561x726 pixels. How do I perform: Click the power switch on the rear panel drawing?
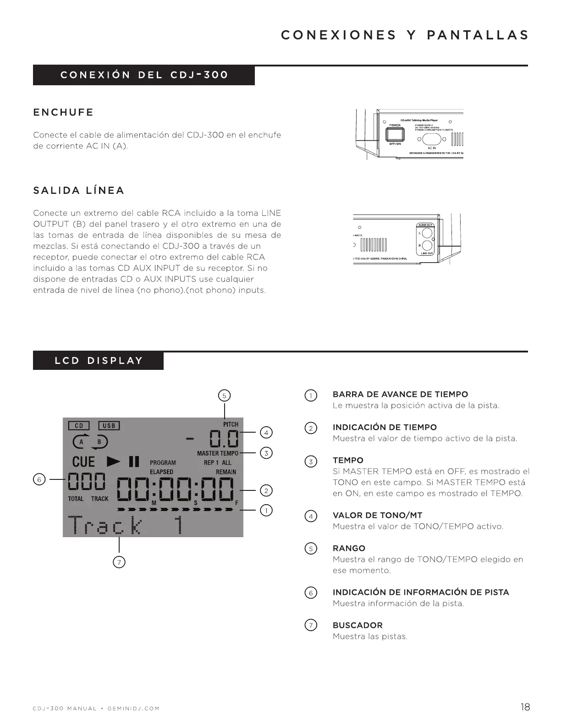tap(395, 134)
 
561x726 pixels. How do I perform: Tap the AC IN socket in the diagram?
tap(431, 139)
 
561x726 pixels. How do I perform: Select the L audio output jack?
tap(427, 233)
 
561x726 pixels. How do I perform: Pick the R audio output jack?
tap(427, 245)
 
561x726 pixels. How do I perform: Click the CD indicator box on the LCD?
tap(79, 426)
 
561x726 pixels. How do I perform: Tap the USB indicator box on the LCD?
tap(109, 426)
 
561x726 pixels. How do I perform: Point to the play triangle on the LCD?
tap(113, 461)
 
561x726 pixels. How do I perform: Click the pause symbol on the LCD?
tap(134, 461)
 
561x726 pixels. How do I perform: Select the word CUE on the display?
tap(83, 462)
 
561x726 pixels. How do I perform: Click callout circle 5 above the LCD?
tap(224, 396)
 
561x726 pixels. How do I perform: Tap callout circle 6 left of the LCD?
tap(39, 479)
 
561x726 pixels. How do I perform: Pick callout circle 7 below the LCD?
tap(119, 562)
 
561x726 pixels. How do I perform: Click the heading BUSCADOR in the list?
tap(357, 625)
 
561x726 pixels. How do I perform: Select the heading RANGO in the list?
tap(349, 548)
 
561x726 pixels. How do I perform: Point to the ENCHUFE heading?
tap(63, 112)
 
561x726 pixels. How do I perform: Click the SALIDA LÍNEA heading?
tap(79, 191)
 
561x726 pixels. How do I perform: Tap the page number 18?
tap(525, 707)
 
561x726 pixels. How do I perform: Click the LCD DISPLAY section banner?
tap(99, 361)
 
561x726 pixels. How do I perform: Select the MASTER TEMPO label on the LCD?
tap(218, 453)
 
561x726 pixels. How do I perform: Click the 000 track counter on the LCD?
tap(87, 482)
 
